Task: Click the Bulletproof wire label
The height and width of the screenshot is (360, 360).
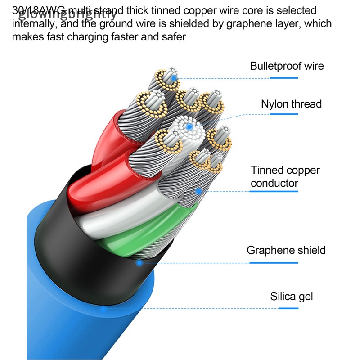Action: click(x=287, y=66)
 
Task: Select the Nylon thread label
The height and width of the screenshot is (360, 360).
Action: click(x=291, y=104)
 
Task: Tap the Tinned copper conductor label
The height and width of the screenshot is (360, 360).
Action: click(x=285, y=176)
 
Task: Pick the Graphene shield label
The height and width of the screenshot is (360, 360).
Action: click(x=286, y=250)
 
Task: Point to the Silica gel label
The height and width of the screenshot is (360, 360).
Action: click(x=291, y=296)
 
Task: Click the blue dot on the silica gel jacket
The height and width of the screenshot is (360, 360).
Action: click(x=103, y=309)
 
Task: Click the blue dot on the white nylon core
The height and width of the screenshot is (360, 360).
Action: click(x=189, y=127)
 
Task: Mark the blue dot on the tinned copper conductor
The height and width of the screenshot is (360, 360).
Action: click(x=198, y=191)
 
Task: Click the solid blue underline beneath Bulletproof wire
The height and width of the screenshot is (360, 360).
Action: click(x=284, y=78)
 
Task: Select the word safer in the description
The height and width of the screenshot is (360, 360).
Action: click(x=172, y=36)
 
